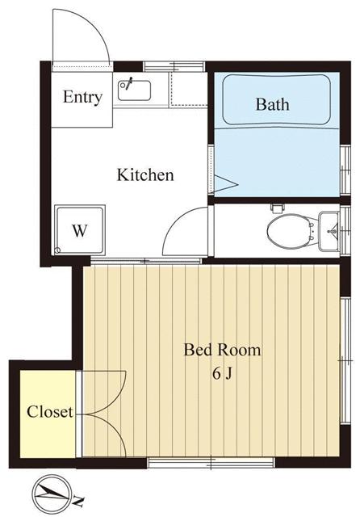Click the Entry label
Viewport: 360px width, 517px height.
coord(82,98)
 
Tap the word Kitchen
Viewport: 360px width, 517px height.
coord(145,174)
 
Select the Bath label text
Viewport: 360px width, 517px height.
coord(272,104)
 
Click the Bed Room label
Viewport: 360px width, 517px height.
coord(222,350)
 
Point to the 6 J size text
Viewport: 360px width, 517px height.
coord(223,373)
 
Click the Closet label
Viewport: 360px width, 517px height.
coord(49,412)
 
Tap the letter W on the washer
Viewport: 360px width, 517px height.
coord(79,230)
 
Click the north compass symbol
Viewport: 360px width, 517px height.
coord(52,490)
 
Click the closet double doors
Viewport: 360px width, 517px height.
coord(103,413)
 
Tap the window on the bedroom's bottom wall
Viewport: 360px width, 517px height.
coord(182,463)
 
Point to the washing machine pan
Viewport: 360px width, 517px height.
coord(79,229)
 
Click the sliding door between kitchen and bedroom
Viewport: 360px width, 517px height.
coord(145,260)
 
